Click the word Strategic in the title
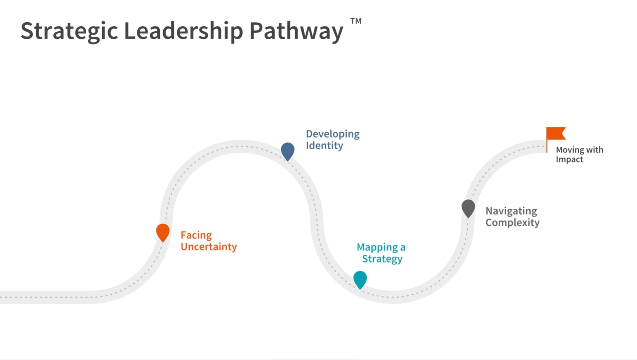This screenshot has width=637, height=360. (69, 31)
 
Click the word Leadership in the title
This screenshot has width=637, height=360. (183, 31)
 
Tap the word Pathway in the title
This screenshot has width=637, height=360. (296, 31)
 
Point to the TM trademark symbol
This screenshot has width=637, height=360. (356, 21)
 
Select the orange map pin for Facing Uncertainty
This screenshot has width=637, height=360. (163, 232)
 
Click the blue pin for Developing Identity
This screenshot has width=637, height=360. (288, 151)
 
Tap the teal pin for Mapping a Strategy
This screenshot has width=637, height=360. (360, 279)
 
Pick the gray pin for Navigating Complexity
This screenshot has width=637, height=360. (468, 208)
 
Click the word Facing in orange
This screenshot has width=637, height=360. (196, 235)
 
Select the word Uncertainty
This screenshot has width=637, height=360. (209, 247)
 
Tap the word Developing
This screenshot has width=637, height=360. (332, 134)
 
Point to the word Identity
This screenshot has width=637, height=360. (324, 146)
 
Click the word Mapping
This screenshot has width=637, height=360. (377, 247)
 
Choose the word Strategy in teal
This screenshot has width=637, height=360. (382, 259)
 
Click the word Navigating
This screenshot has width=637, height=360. (511, 211)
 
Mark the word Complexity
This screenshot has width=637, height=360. (513, 222)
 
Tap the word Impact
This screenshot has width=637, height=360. (569, 159)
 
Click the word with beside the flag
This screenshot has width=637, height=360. (594, 150)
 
